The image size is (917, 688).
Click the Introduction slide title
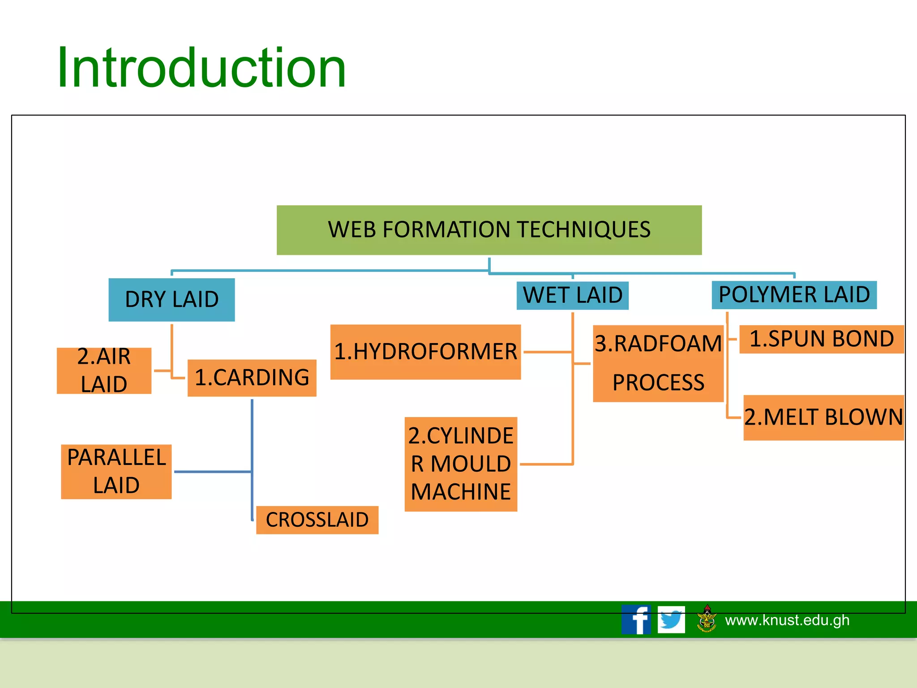click(x=201, y=68)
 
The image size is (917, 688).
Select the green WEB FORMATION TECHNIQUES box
click(x=489, y=230)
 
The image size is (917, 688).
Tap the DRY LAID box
click(x=171, y=300)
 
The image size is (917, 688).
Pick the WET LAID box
click(x=572, y=295)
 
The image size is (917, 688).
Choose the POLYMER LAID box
click(x=794, y=295)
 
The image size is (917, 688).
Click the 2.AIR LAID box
click(x=104, y=370)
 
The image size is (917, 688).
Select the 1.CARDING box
click(x=252, y=378)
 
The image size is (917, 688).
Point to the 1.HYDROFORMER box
click(x=425, y=352)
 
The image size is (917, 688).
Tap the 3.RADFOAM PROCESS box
click(x=658, y=363)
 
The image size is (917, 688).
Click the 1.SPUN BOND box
click(x=821, y=339)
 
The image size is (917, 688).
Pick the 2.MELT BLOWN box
click(x=823, y=417)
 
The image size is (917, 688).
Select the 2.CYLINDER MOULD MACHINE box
click(x=461, y=464)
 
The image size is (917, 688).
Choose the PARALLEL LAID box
click(x=116, y=471)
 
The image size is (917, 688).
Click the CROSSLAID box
click(x=317, y=520)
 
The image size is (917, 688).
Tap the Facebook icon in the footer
click(x=636, y=619)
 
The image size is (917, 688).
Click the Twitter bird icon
click(x=671, y=619)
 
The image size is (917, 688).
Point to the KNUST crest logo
click(x=707, y=619)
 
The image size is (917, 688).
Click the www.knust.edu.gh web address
click(x=787, y=620)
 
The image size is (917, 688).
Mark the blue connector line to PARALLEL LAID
click(x=213, y=472)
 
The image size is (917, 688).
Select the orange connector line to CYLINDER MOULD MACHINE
click(x=546, y=464)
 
